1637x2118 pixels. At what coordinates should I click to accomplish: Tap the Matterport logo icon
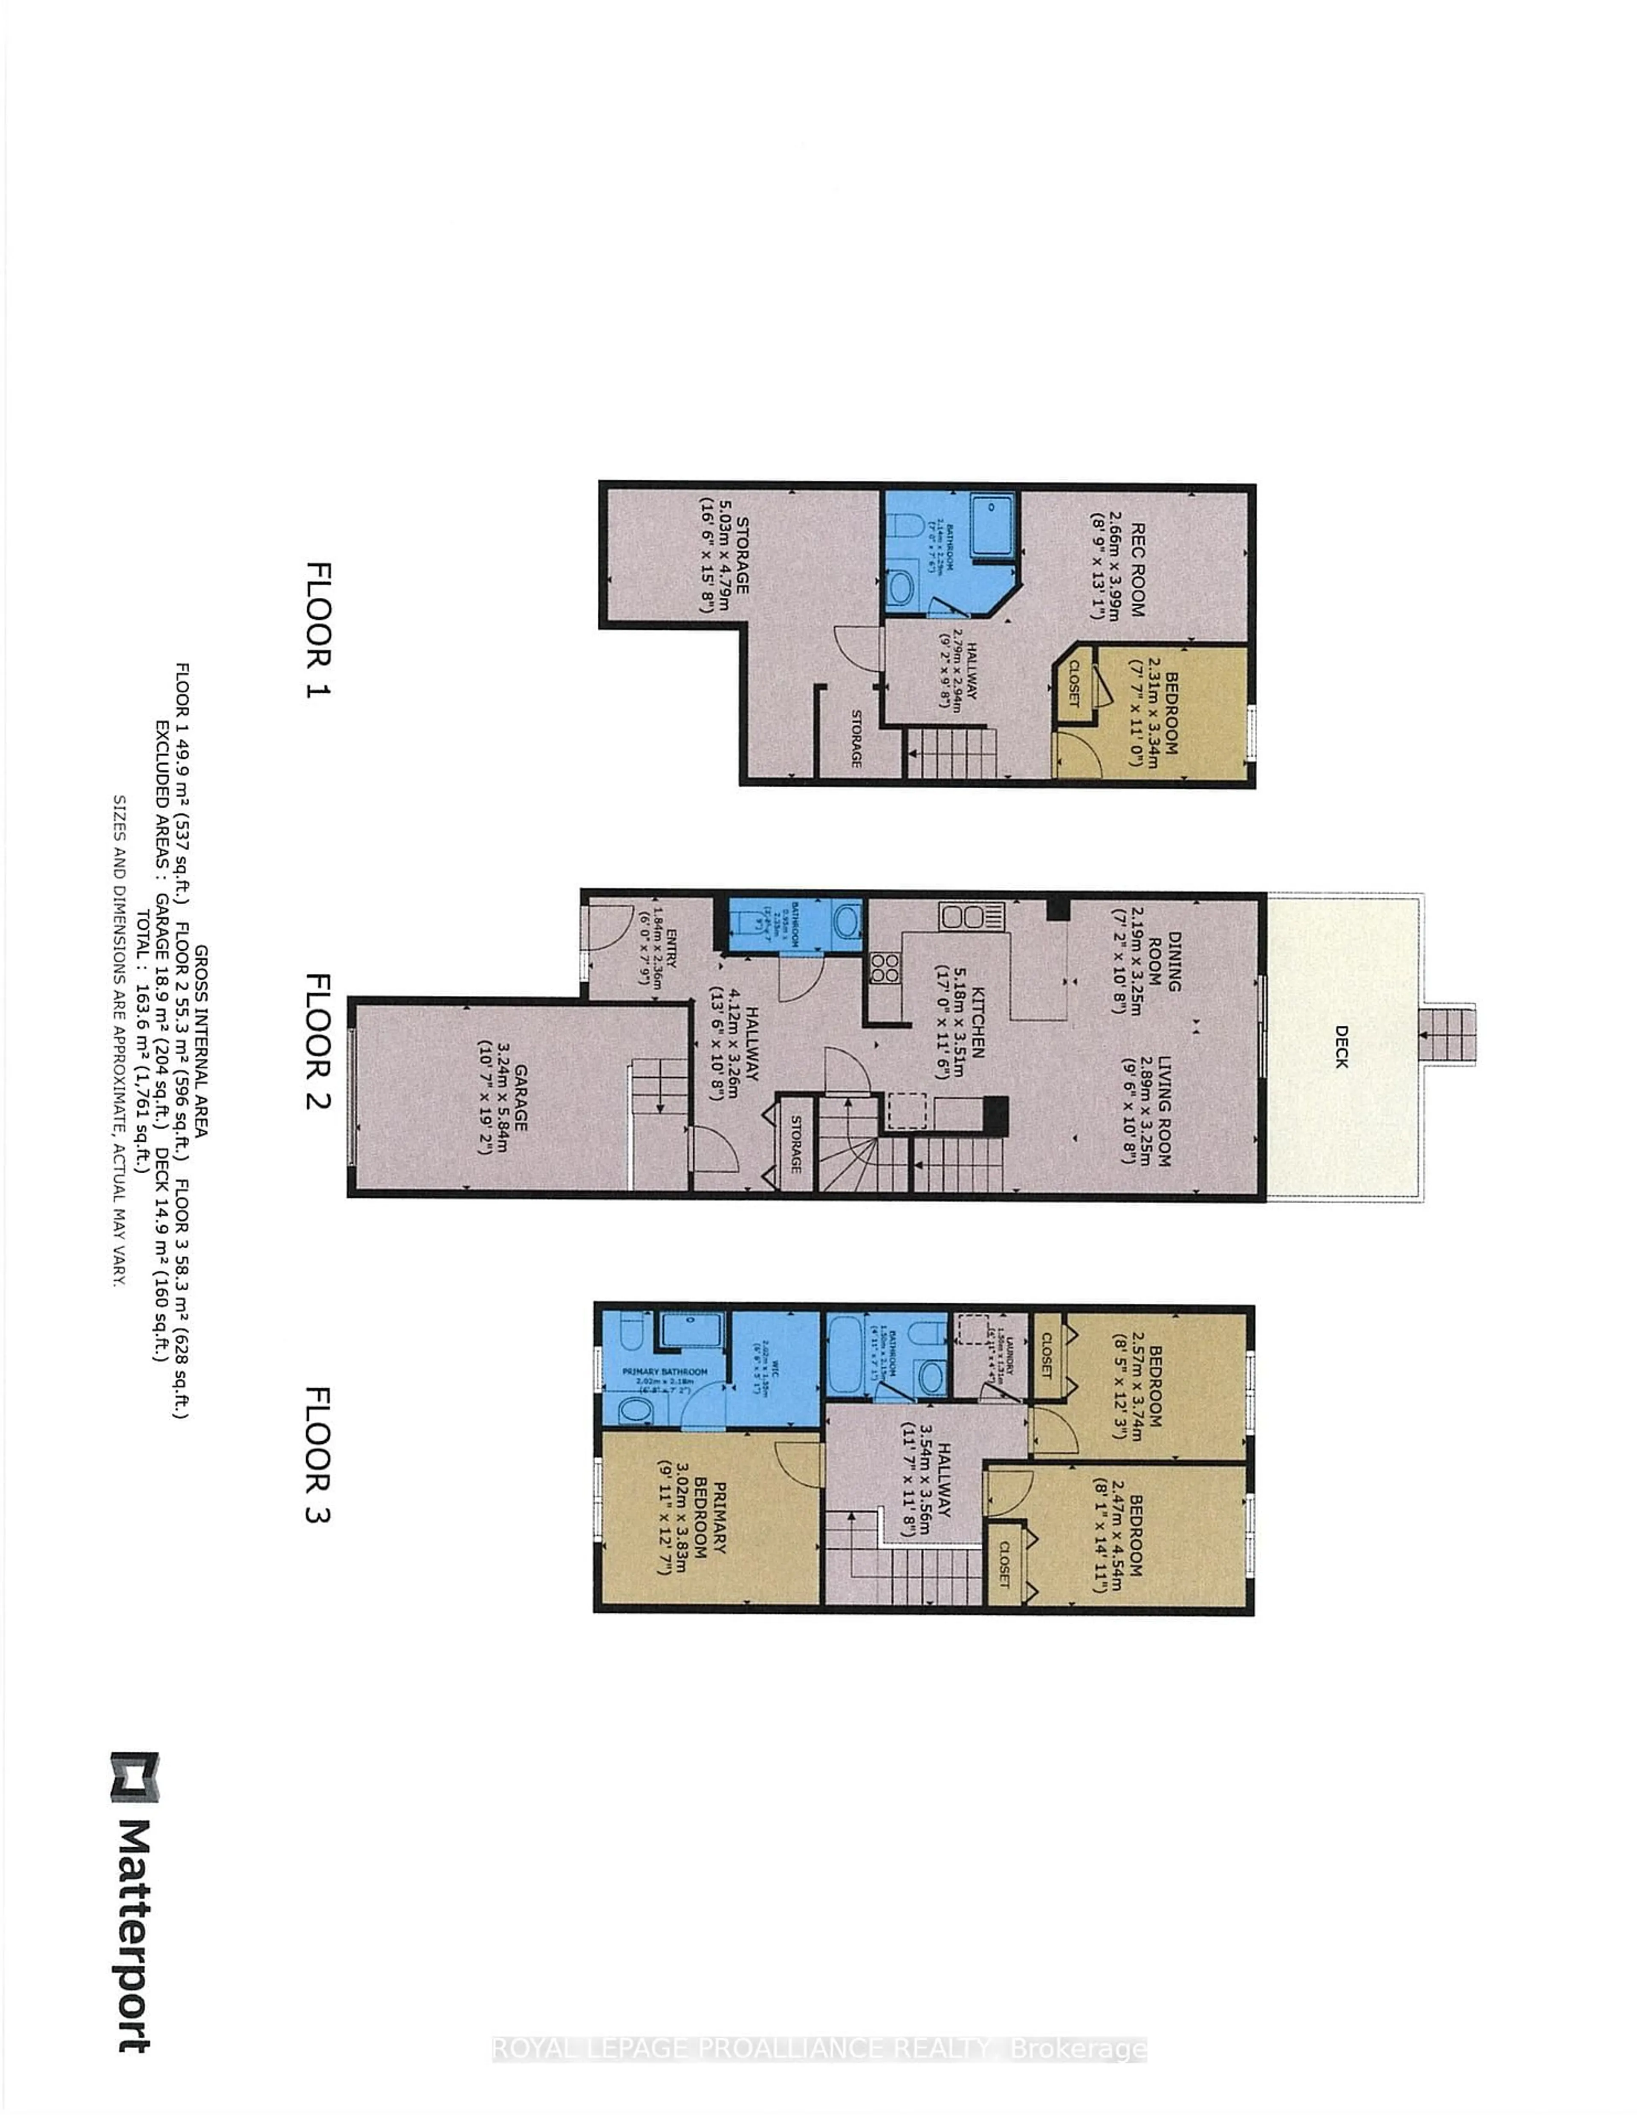click(x=134, y=1777)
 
